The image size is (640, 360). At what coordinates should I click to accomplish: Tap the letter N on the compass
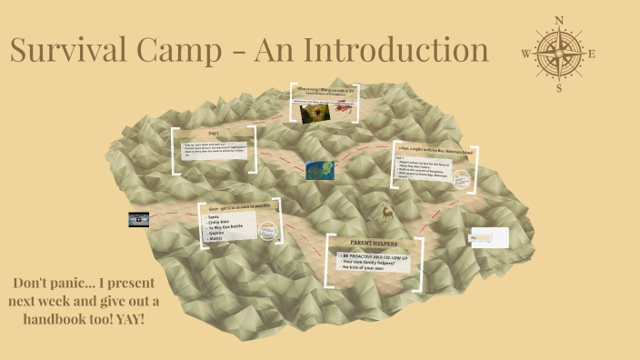point(558,20)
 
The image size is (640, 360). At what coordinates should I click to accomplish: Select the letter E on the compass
point(592,55)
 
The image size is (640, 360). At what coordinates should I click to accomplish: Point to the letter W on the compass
point(525,55)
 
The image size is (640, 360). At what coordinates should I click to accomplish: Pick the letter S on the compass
point(559,88)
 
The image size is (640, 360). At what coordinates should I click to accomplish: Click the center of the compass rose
point(558,54)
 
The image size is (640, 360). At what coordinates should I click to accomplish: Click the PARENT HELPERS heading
point(375,244)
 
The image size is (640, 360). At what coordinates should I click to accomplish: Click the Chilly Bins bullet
point(222,219)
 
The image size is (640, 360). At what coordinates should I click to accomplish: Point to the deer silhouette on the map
point(388,214)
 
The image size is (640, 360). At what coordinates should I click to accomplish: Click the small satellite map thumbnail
point(319,170)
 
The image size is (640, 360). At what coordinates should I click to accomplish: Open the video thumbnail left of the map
point(138,218)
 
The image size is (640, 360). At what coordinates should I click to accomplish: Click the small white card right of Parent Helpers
point(488,238)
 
